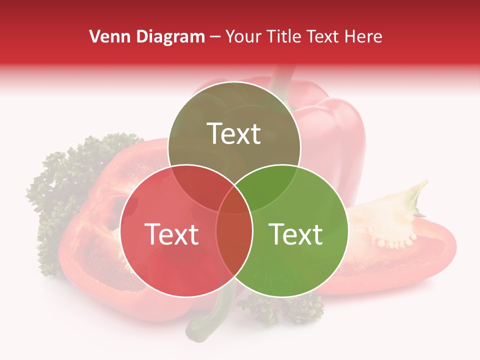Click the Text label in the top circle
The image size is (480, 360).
234,133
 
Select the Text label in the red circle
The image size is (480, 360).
171,234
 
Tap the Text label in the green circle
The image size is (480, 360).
295,234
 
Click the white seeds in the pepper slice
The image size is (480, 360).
395,242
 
